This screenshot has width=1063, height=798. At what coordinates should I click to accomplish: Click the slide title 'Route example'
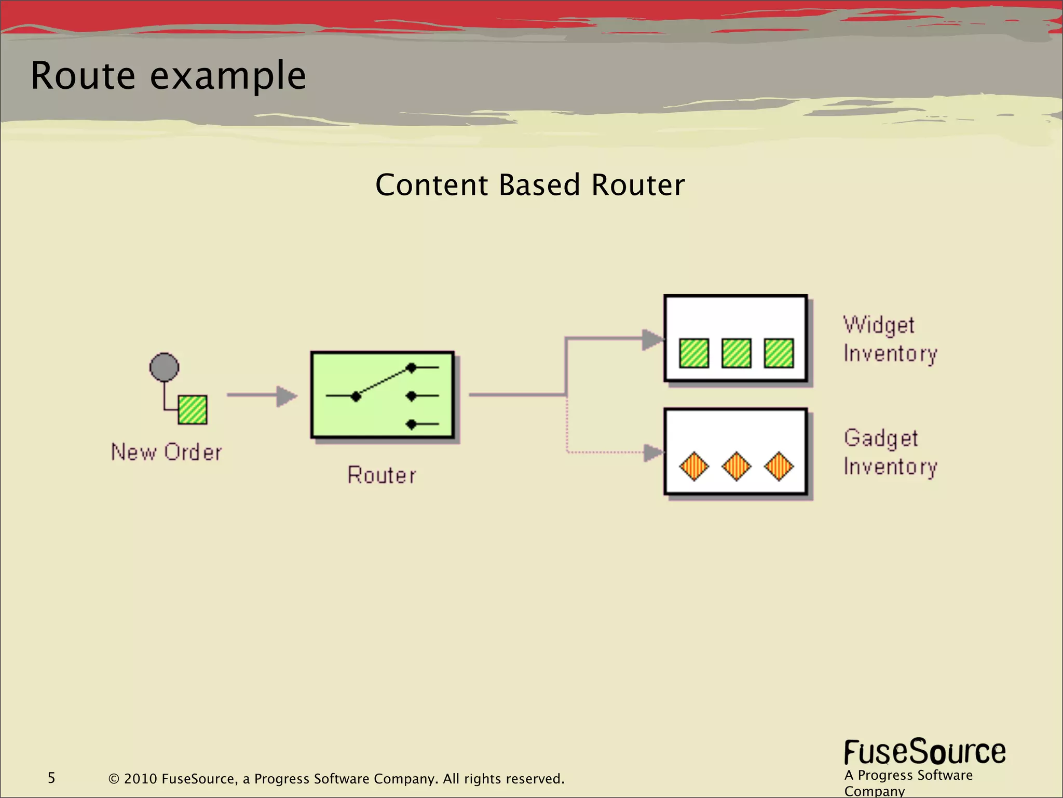pyautogui.click(x=168, y=76)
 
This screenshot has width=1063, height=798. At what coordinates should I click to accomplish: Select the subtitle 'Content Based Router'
pyautogui.click(x=530, y=185)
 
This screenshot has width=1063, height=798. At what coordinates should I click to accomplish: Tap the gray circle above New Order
pyautogui.click(x=164, y=367)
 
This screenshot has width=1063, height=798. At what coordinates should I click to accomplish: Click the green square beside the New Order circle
pyautogui.click(x=193, y=409)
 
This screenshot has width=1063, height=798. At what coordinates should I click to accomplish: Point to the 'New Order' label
pyautogui.click(x=167, y=452)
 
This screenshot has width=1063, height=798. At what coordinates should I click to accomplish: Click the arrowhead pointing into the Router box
pyautogui.click(x=287, y=396)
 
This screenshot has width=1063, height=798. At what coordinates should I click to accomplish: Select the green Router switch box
pyautogui.click(x=383, y=395)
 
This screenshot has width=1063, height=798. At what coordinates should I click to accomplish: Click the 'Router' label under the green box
pyautogui.click(x=382, y=475)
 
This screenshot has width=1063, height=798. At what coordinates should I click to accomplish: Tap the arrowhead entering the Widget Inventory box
pyautogui.click(x=652, y=340)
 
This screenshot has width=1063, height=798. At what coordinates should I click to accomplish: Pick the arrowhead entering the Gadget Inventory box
pyautogui.click(x=653, y=453)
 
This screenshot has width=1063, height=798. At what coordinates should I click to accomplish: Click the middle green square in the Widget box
pyautogui.click(x=737, y=353)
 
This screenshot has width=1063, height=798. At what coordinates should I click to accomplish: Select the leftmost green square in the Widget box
pyautogui.click(x=694, y=353)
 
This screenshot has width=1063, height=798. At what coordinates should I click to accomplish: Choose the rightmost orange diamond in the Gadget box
pyautogui.click(x=779, y=466)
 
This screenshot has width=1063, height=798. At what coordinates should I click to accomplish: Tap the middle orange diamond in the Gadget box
pyautogui.click(x=737, y=466)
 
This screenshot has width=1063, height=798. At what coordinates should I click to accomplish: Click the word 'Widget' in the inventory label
pyautogui.click(x=879, y=325)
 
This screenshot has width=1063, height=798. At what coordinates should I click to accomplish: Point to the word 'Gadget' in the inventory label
pyautogui.click(x=881, y=438)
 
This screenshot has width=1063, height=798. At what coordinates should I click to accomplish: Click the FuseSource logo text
pyautogui.click(x=924, y=752)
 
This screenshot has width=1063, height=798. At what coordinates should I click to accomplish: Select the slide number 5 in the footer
pyautogui.click(x=51, y=778)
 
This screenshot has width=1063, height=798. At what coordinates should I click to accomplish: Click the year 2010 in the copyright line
pyautogui.click(x=140, y=779)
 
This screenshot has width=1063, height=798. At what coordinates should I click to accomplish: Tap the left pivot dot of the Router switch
pyautogui.click(x=356, y=397)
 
